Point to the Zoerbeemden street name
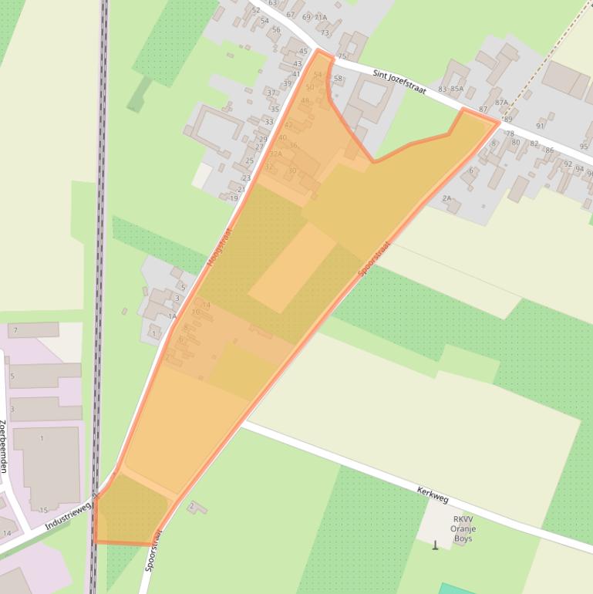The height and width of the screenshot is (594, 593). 4,446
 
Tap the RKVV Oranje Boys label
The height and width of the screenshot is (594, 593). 463,528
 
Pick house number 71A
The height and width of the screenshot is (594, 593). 320,17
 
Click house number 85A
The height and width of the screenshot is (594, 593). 457,89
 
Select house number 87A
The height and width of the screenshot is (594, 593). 502,102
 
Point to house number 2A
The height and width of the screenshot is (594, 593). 446,198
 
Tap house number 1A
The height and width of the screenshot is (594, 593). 172,316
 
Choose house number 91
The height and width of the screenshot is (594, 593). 540,126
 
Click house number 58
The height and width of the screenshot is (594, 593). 338,79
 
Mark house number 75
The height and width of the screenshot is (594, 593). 342,56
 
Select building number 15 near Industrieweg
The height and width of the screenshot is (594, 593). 44,510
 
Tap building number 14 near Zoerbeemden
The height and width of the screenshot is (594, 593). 7,533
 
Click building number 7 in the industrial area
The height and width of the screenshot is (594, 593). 15,330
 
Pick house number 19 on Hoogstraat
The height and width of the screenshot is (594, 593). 234,198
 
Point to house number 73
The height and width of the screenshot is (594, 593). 325,32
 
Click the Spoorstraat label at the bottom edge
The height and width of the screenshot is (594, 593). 153,549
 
